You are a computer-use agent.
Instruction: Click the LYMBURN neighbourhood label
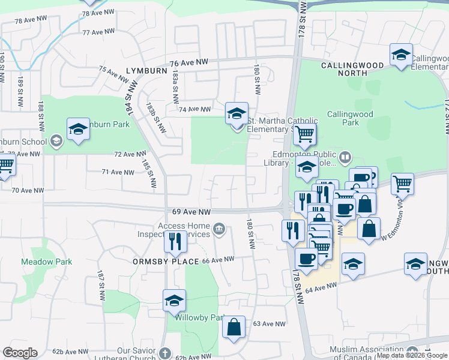[x=146, y=70]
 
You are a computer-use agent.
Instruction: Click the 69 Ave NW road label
[x=191, y=212]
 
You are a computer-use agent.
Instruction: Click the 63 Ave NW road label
[x=268, y=324]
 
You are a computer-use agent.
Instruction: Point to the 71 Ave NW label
[x=118, y=172]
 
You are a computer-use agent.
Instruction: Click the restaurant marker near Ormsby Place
[x=175, y=241]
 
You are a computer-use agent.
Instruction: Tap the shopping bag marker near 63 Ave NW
[x=234, y=327]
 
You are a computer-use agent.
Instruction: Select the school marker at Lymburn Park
[x=78, y=128]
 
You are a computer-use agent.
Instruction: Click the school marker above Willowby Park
[x=174, y=300]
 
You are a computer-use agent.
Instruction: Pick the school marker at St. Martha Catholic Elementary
[x=237, y=113]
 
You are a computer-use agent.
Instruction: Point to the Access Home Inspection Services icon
[x=220, y=228]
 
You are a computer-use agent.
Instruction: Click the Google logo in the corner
[x=20, y=353]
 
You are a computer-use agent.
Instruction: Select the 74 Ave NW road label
[x=195, y=109]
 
